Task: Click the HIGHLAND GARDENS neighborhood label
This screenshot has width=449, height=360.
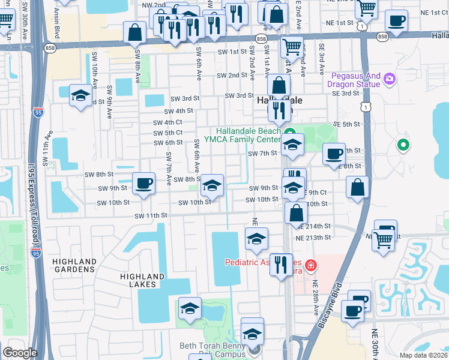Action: (x=74, y=265)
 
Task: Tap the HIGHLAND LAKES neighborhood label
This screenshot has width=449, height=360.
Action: (x=142, y=280)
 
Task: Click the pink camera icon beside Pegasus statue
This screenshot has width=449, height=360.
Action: (x=390, y=79)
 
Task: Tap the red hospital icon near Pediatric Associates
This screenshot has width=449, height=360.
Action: (x=310, y=265)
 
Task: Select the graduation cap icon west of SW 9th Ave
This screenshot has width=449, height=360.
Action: (x=80, y=96)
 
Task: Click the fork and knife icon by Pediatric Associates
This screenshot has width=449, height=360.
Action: (x=280, y=264)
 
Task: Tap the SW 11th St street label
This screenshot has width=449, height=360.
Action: (x=149, y=215)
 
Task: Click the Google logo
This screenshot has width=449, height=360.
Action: (x=20, y=353)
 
